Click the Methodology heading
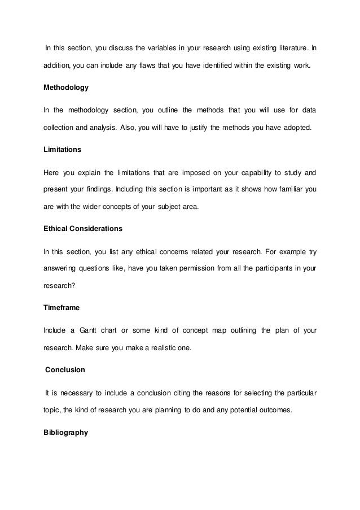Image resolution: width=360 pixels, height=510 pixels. coord(66,88)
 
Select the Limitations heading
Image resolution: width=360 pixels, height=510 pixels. coord(62,150)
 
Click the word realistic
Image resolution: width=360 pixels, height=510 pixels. coord(156,348)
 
